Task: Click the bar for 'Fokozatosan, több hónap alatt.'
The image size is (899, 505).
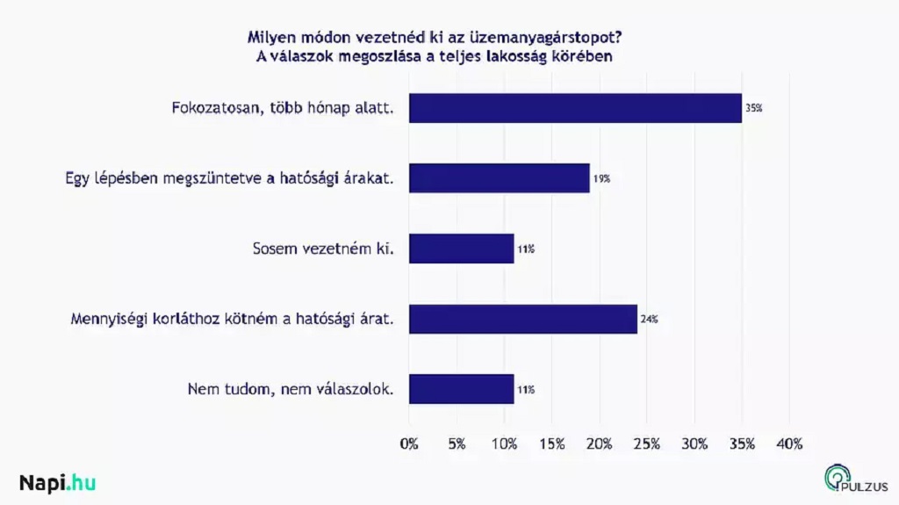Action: pyautogui.click(x=575, y=108)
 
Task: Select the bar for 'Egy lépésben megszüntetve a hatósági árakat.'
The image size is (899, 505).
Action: pyautogui.click(x=499, y=178)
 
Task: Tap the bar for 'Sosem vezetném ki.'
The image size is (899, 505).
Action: pyautogui.click(x=461, y=249)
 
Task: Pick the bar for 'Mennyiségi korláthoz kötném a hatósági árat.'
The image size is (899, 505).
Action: pyautogui.click(x=522, y=319)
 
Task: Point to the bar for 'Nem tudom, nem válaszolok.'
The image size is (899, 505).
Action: pyautogui.click(x=461, y=389)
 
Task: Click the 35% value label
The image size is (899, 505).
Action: pyautogui.click(x=754, y=109)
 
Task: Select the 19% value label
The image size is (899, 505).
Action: pyautogui.click(x=601, y=179)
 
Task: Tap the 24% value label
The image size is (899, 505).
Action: pyautogui.click(x=650, y=320)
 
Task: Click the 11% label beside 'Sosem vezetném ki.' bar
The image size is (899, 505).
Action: pyautogui.click(x=526, y=249)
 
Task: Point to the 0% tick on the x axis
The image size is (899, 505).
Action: pyautogui.click(x=409, y=444)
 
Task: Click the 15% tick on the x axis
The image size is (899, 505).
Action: pyautogui.click(x=551, y=444)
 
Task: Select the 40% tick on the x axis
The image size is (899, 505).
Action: pyautogui.click(x=789, y=444)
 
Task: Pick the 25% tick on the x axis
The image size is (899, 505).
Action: pyautogui.click(x=646, y=444)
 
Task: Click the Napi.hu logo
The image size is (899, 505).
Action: pyautogui.click(x=57, y=482)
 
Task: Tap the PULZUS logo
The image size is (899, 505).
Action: pyautogui.click(x=855, y=479)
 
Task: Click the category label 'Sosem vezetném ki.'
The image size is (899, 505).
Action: pyautogui.click(x=318, y=249)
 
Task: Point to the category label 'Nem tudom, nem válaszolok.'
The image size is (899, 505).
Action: pyautogui.click(x=291, y=389)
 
